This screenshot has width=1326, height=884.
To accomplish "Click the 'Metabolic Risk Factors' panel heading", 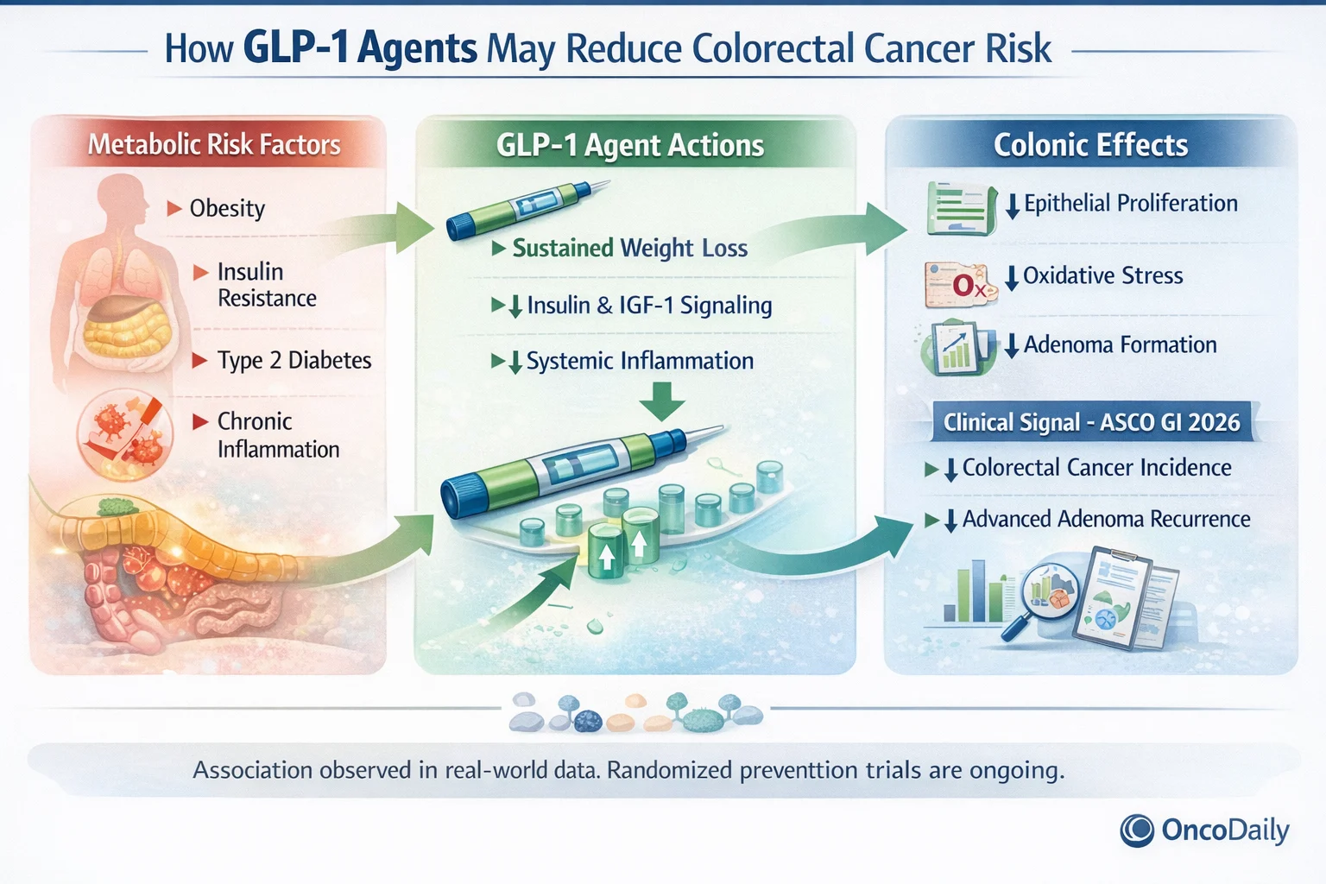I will coord(214,144).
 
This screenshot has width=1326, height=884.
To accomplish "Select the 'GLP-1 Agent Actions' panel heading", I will coord(629,145).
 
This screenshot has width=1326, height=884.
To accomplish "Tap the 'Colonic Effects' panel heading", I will coord(1090,145).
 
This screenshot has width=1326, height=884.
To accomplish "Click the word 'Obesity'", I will coord(227,209).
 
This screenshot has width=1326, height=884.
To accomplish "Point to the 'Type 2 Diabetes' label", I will coord(294,360).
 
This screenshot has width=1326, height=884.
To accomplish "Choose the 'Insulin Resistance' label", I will coord(266,285).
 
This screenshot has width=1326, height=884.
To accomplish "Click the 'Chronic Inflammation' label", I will coord(277,435).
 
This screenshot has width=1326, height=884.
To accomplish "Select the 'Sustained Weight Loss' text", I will coord(629,249).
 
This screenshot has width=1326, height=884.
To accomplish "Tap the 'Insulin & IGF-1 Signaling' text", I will coord(648,306).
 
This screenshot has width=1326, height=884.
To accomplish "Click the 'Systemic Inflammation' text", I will coord(639,361).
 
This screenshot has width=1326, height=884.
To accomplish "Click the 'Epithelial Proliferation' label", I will coord(1130,204).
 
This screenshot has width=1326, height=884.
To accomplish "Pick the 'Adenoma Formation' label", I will coord(1120,345).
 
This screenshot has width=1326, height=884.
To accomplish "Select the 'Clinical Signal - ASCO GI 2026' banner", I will coord(1091,422).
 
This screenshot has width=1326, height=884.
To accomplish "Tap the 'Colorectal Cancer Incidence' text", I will coord(1096,468).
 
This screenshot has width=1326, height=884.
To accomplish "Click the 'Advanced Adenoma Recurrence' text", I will coord(1106,519).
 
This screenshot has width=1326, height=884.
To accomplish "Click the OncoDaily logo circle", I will coord(1137,830).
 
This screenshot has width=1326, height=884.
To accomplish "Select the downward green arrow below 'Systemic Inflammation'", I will coord(662,401).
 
